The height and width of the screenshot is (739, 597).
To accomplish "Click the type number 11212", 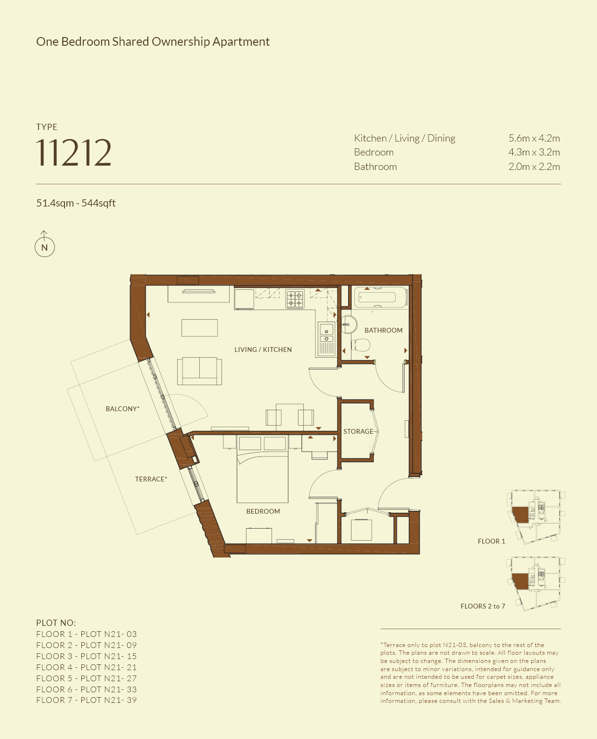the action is point(74,152).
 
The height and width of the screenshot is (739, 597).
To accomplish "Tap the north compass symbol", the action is point(44,244).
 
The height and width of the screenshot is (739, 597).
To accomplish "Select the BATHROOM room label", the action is point(383,330).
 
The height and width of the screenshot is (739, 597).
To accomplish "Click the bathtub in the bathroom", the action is point(380,298).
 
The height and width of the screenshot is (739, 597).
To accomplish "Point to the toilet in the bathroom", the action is point(361,345).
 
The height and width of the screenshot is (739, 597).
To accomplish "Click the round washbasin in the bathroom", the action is point(349,325).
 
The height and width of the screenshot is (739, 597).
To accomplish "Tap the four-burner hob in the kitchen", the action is point(295,298).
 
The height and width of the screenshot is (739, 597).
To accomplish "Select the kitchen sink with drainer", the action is point(326,338).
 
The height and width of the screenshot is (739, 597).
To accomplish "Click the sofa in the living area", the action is point(199,371).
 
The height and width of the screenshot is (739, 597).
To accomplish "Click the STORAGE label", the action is point(358,431).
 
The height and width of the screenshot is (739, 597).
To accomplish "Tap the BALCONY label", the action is point(122,409).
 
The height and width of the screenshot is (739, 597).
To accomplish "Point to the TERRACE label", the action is point(151,479).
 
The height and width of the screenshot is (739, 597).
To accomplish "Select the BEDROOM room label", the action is point(263,511).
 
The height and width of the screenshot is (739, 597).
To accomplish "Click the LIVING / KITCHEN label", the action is point(263,350).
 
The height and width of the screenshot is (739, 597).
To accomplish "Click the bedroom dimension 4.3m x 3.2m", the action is point(534,152).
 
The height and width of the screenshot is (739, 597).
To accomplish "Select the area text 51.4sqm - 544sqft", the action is point(76,203).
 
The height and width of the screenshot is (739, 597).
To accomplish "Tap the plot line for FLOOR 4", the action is point(86,667).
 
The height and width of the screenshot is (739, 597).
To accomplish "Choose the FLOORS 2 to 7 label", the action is point(482,606).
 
